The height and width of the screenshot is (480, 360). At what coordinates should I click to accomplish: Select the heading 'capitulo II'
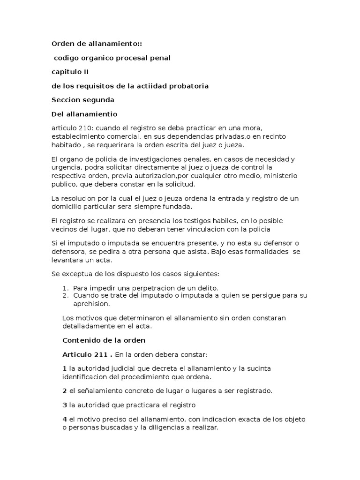pos(70,72)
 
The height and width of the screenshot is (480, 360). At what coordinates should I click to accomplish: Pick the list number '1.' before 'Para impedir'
pos(66,287)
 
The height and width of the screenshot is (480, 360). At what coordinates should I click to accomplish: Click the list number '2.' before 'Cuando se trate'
pos(66,295)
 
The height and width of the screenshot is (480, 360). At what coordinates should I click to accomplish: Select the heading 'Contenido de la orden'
pos(104,340)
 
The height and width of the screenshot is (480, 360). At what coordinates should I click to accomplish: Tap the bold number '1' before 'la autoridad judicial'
pos(64,368)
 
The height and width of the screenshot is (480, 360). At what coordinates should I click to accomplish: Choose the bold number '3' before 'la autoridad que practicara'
pos(64,405)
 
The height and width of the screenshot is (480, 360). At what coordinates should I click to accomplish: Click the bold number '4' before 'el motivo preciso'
pos(65,419)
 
